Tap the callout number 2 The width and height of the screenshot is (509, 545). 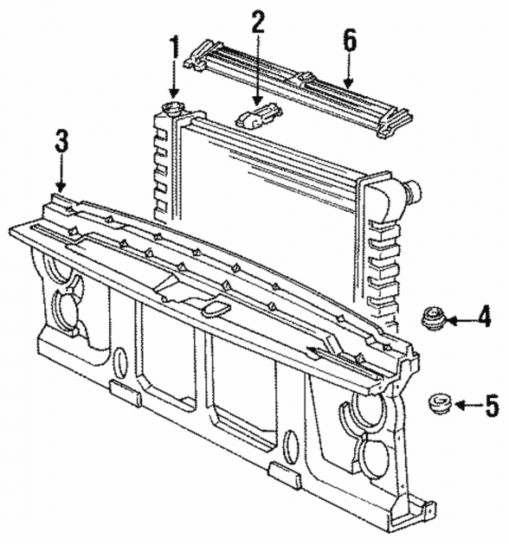pyautogui.click(x=258, y=22)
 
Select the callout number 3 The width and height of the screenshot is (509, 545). pyautogui.click(x=61, y=140)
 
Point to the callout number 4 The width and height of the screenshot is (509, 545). pyautogui.click(x=484, y=316)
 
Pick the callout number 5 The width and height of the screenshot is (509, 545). pyautogui.click(x=492, y=406)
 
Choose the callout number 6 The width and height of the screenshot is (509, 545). pyautogui.click(x=350, y=40)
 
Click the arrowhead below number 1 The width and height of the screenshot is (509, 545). pyautogui.click(x=174, y=93)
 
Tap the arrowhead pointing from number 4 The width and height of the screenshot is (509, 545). pyautogui.click(x=451, y=320)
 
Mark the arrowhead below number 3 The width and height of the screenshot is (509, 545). pyautogui.click(x=61, y=188)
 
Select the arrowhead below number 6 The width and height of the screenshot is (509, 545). pyautogui.click(x=348, y=83)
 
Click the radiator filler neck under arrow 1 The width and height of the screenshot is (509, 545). pyautogui.click(x=172, y=108)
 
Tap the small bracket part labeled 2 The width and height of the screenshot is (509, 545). pyautogui.click(x=259, y=115)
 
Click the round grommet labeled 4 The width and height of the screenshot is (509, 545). pyautogui.click(x=434, y=317)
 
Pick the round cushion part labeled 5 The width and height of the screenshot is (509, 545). pyautogui.click(x=440, y=403)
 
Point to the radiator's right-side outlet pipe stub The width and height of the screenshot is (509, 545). pyautogui.click(x=412, y=191)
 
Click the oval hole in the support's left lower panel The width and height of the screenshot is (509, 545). pyautogui.click(x=121, y=362)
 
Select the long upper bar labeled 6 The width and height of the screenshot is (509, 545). pyautogui.click(x=300, y=88)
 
